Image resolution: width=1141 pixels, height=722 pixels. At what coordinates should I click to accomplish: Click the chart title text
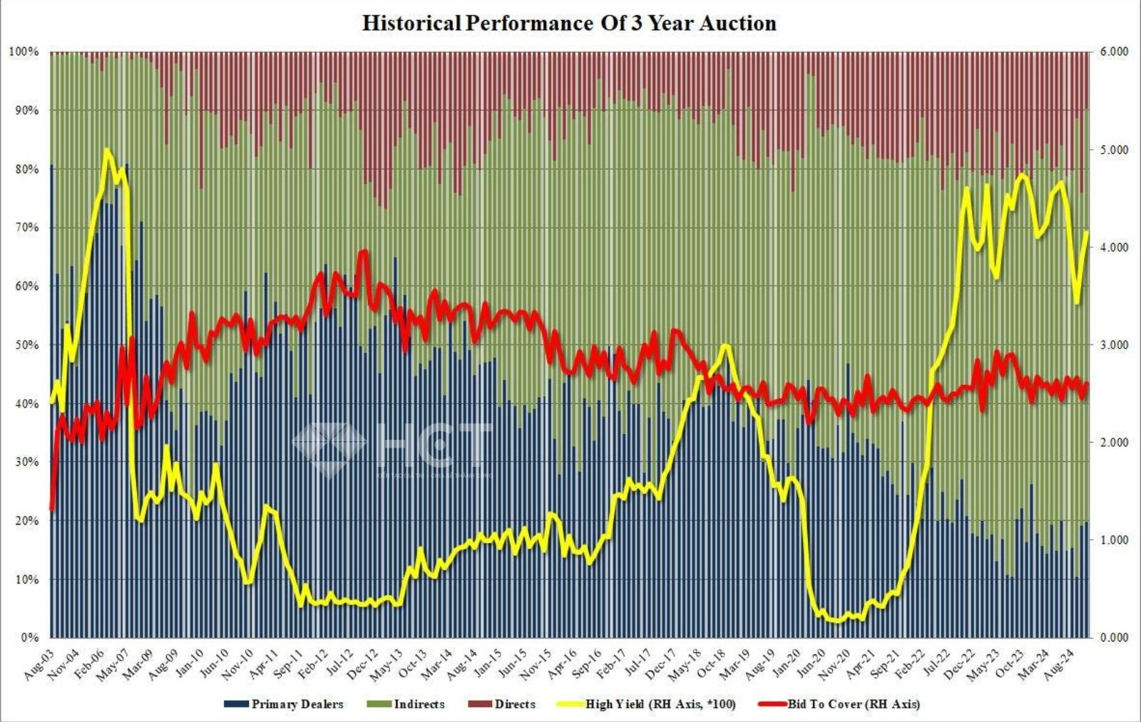click(x=569, y=23)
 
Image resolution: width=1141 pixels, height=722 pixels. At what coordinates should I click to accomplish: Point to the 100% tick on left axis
click(x=24, y=52)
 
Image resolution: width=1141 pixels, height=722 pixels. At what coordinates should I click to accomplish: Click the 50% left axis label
click(x=26, y=345)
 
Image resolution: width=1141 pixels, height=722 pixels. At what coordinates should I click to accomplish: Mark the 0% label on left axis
click(x=29, y=637)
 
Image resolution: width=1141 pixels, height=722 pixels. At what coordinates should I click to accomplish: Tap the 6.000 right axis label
click(x=1115, y=52)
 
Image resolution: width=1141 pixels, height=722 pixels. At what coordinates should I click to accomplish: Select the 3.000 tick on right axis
click(x=1115, y=345)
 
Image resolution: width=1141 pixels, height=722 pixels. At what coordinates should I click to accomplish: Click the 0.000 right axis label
click(x=1115, y=637)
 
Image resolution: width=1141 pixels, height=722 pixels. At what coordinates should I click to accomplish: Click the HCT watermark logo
click(x=392, y=449)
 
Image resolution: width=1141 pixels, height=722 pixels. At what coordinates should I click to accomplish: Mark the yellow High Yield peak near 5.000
click(x=107, y=150)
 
